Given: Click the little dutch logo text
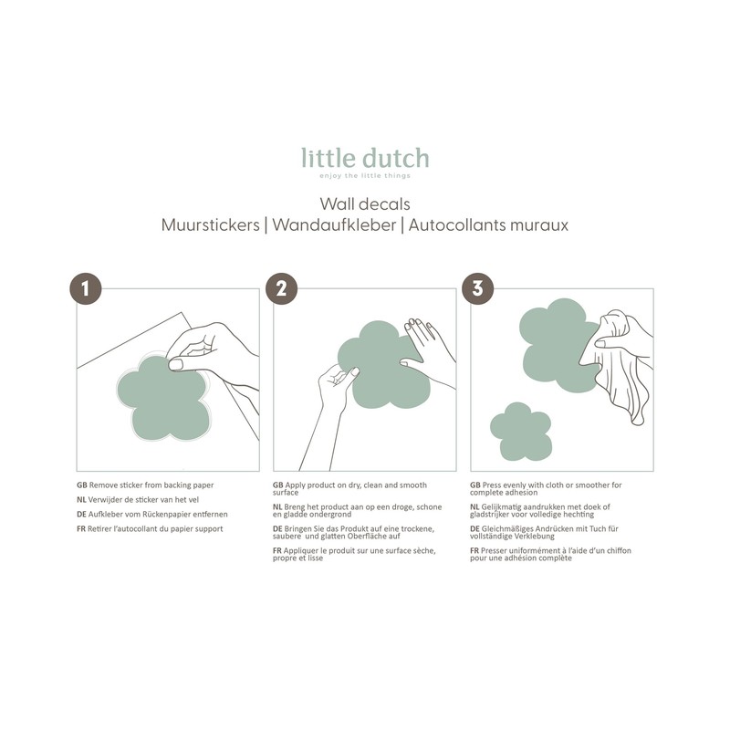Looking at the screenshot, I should pyautogui.click(x=365, y=159).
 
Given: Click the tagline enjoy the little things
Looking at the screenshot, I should pyautogui.click(x=365, y=175).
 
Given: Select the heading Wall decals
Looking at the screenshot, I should pyautogui.click(x=365, y=203).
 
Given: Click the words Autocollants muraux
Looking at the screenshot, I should pyautogui.click(x=488, y=224).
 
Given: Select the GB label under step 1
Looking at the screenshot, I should pyautogui.click(x=81, y=485).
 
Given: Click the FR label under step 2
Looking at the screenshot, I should pyautogui.click(x=277, y=550).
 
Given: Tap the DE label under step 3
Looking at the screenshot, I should pyautogui.click(x=474, y=529).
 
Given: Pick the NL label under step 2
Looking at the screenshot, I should pyautogui.click(x=277, y=506).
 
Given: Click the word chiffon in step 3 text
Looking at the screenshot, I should pyautogui.click(x=617, y=550).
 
